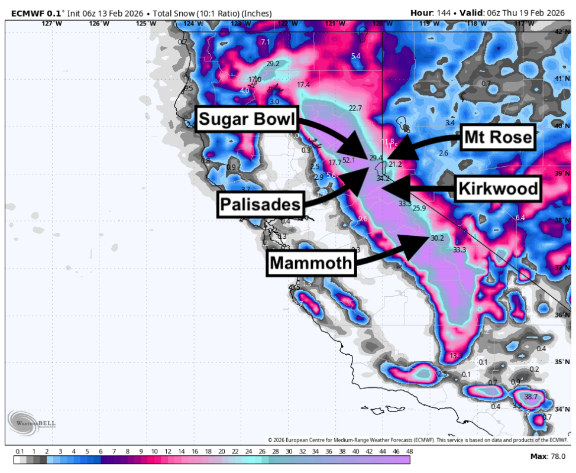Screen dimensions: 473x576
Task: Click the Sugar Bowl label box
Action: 247,120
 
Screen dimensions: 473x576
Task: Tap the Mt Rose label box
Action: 497,138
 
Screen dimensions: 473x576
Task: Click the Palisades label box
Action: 260,205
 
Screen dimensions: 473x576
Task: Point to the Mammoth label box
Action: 312,263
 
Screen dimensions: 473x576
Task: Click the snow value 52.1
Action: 349,160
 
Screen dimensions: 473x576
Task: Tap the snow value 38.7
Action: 530,397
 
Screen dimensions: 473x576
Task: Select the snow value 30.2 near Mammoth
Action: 437,238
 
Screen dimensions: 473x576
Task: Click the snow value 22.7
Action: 355,108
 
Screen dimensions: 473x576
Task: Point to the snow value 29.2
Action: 273,64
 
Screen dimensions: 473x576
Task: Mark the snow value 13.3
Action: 455,356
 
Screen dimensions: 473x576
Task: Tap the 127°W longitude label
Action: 52,23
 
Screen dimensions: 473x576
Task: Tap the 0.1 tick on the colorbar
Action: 20,451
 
